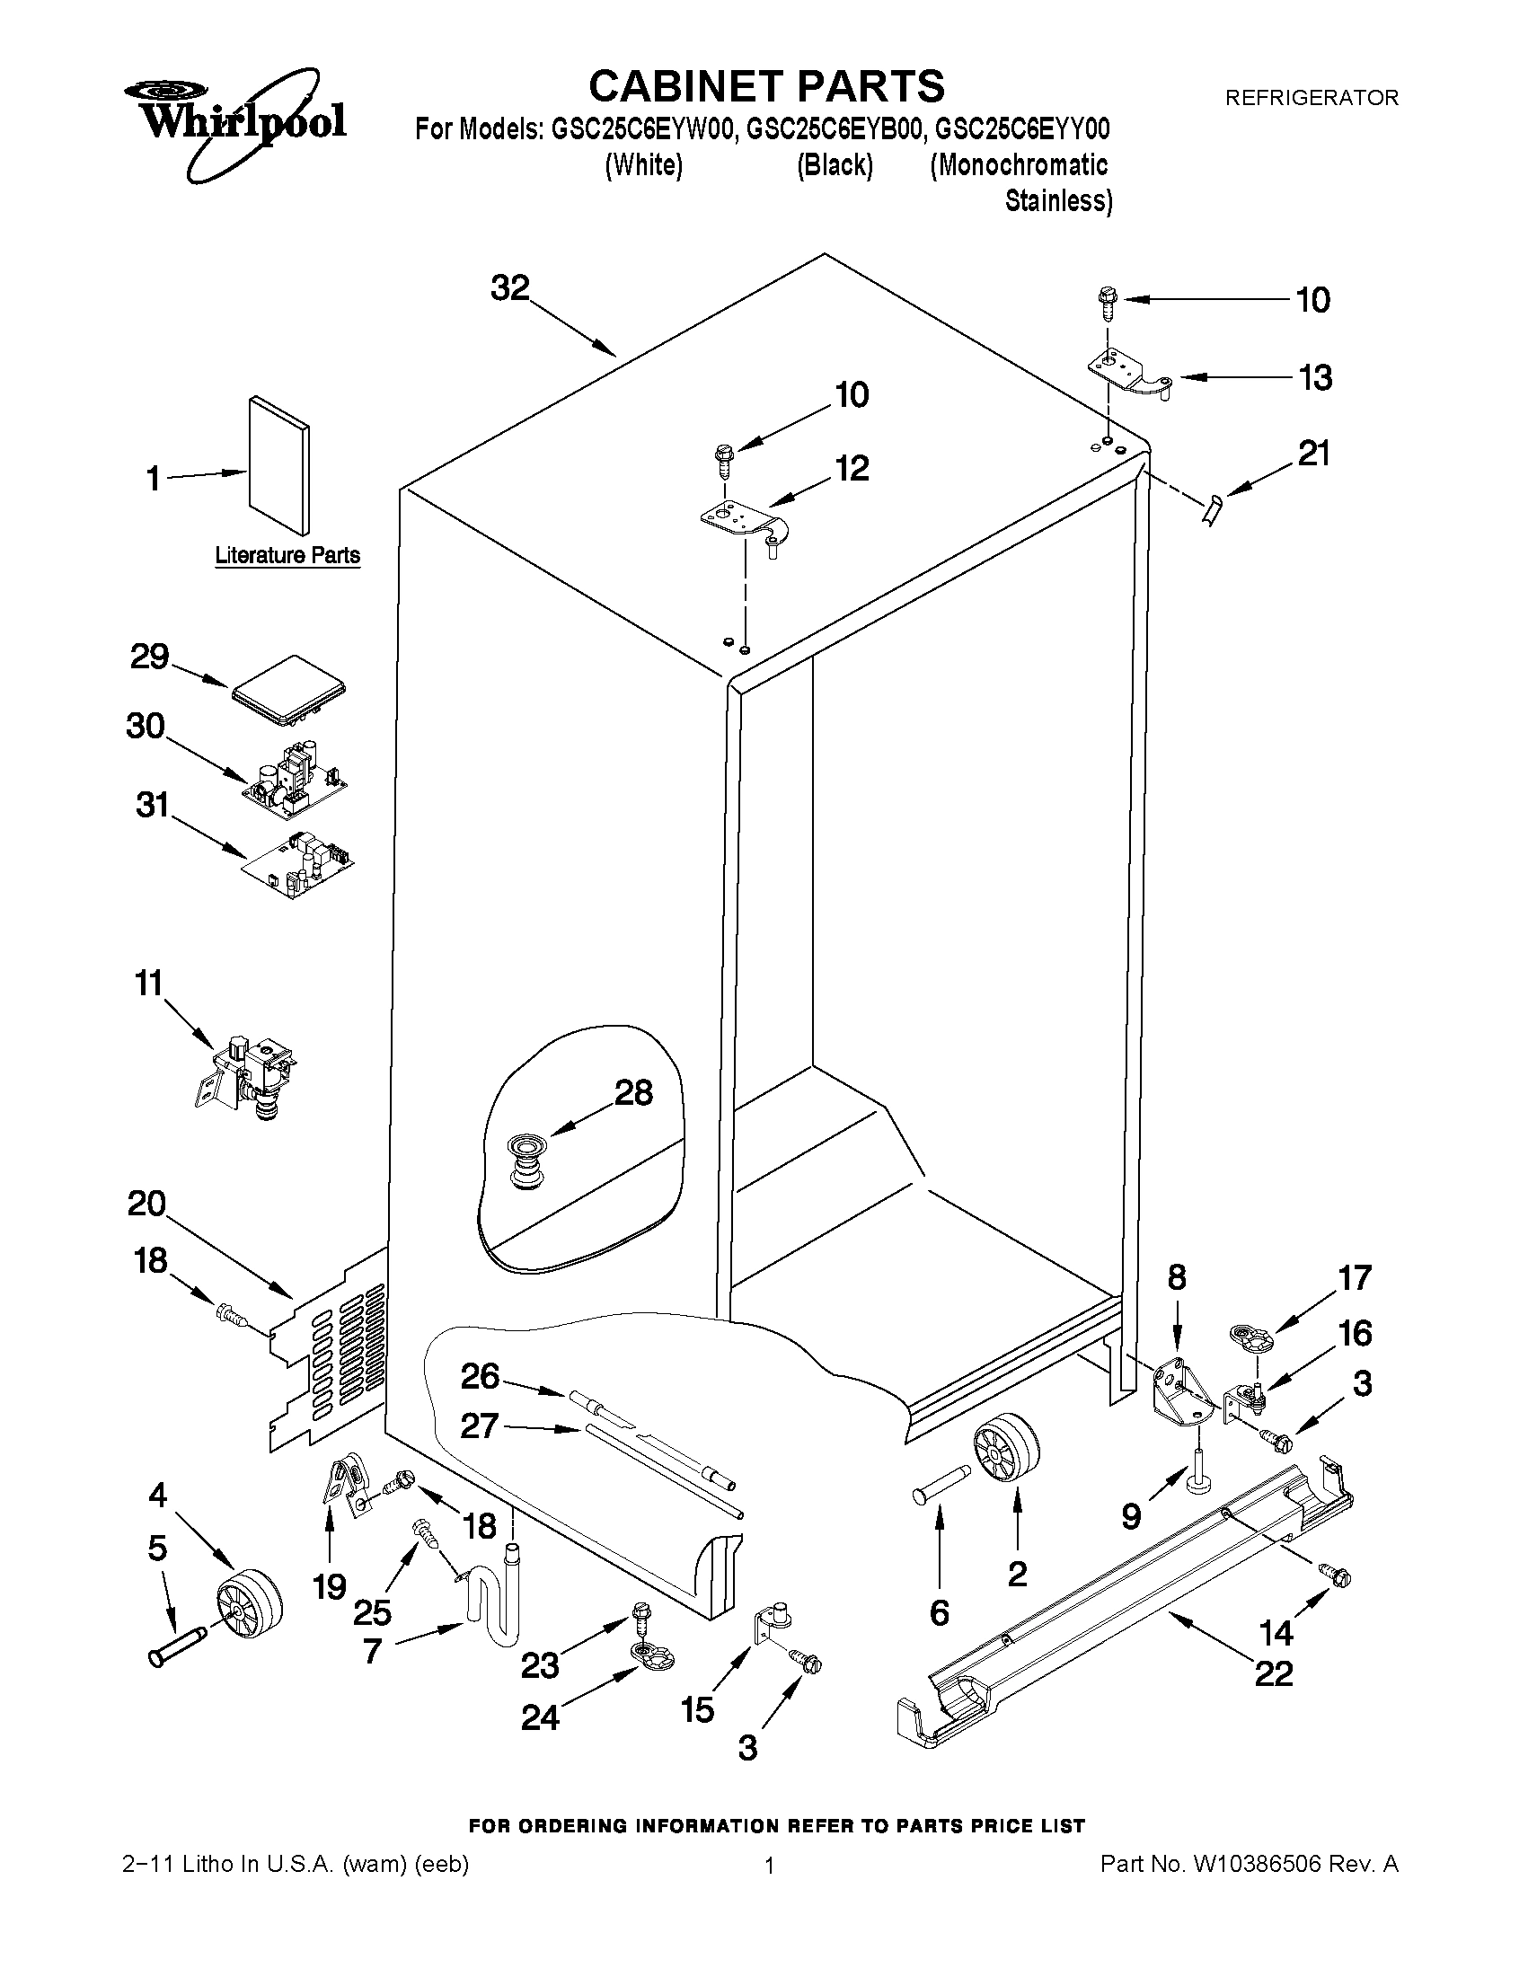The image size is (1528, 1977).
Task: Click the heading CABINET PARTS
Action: coord(766,87)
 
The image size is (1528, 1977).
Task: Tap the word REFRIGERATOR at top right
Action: coord(1311,98)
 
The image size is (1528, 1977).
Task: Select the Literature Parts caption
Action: coord(287,555)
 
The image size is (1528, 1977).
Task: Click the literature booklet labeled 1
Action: coord(278,464)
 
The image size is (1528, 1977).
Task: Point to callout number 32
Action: coord(509,287)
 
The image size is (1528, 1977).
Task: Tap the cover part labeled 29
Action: coord(289,693)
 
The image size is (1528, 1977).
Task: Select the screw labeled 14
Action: coord(1334,1575)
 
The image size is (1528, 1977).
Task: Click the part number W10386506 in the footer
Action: coord(1258,1864)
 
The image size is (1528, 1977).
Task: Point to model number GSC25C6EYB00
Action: coord(834,130)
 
